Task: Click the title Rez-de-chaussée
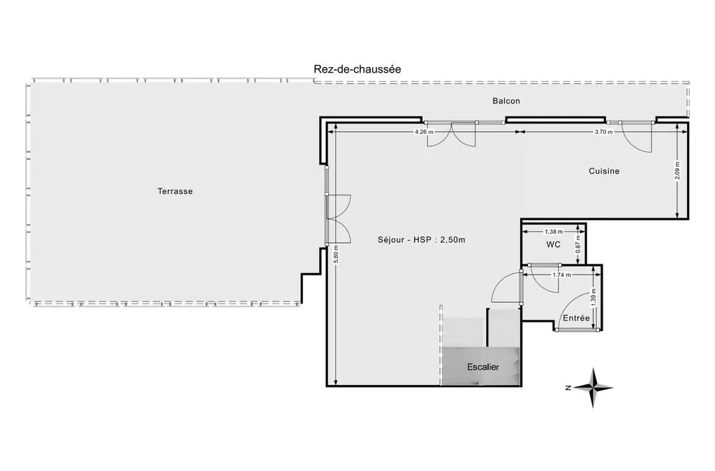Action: [357, 69]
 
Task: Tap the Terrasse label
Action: [175, 191]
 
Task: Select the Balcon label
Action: [506, 101]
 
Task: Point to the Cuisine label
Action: [604, 171]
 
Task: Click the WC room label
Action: [554, 245]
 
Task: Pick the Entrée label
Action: [576, 318]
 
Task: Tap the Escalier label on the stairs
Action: [483, 367]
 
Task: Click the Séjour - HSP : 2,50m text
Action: [421, 239]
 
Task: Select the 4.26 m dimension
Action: [424, 132]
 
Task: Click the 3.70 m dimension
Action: [604, 132]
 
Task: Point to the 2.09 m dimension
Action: [677, 171]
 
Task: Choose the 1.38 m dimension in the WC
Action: [554, 232]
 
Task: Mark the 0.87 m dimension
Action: [578, 244]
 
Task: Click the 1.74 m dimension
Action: [561, 275]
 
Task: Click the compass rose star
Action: [594, 388]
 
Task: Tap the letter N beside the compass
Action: [568, 388]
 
